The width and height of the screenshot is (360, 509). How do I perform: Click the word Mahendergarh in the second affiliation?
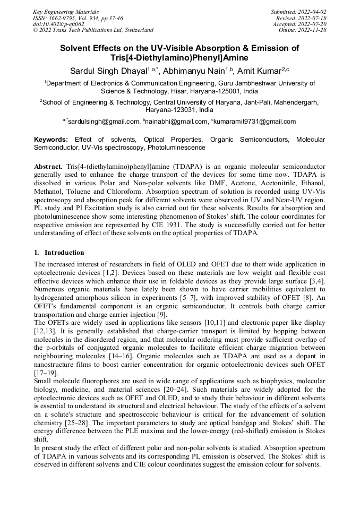(x=296, y=102)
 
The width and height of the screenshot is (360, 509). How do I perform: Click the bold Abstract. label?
(x=48, y=166)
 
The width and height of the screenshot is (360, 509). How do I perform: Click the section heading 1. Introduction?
(x=59, y=252)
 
